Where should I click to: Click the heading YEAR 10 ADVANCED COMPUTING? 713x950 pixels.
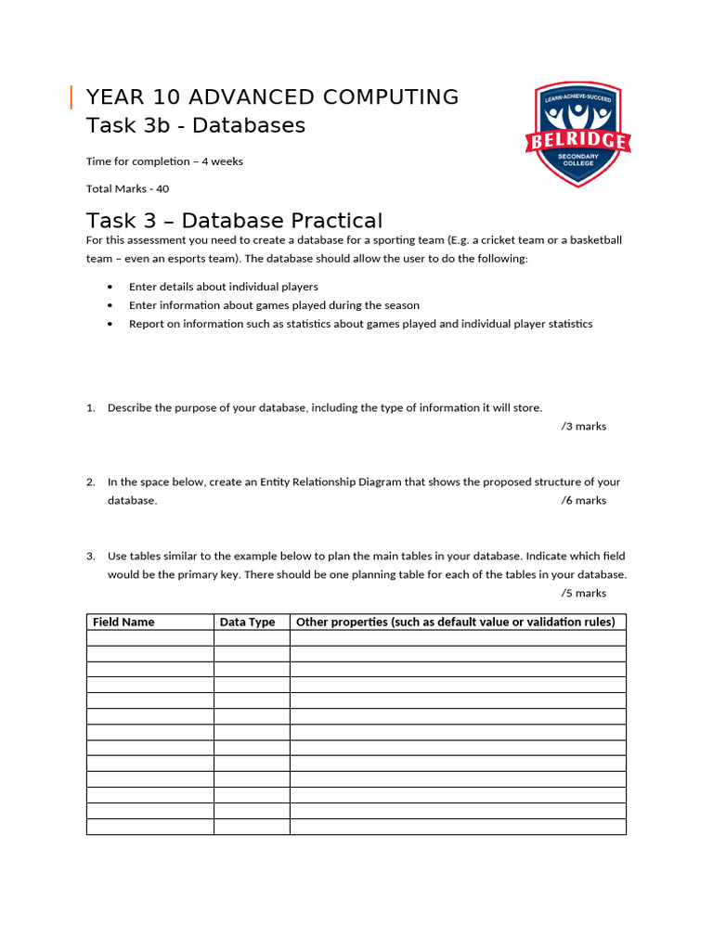coord(272,96)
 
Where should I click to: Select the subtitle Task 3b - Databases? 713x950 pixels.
coord(195,125)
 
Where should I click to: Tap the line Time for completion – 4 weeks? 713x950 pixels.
coord(164,161)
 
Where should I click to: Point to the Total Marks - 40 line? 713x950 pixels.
coord(127,188)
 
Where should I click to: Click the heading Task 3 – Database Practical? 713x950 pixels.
coord(234,221)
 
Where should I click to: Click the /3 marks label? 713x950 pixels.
coord(583,427)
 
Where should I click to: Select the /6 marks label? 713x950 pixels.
coord(583,501)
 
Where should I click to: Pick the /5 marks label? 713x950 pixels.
coord(583,594)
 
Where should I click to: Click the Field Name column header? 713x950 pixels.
coord(123,623)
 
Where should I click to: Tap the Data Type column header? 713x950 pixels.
coord(247,623)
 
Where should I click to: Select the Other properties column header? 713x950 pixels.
coord(455,623)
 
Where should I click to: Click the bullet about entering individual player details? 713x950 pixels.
coord(223,287)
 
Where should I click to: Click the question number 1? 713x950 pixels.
coord(91,408)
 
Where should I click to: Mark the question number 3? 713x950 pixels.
coord(91,557)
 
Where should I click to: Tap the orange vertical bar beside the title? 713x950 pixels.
coord(71,96)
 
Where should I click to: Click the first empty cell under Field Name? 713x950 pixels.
coord(150,638)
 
